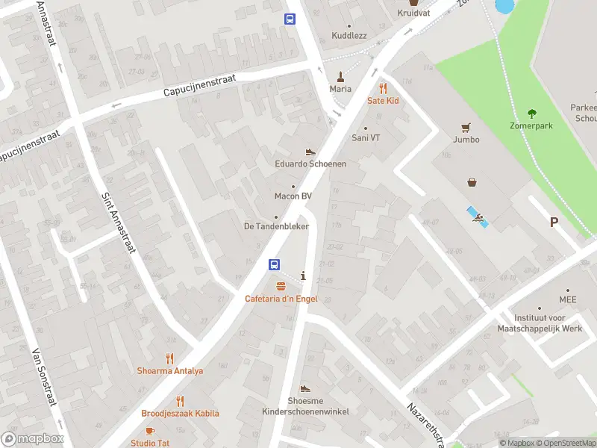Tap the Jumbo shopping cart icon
click(x=466, y=127)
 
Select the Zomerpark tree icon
click(x=531, y=113)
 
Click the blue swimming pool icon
click(x=477, y=217)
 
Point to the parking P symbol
click(x=554, y=222)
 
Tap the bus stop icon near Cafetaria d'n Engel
click(x=275, y=264)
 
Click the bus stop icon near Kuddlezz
click(x=290, y=19)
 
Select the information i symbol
click(x=302, y=276)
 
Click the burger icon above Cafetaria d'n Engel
click(x=281, y=287)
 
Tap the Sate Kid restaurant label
click(x=383, y=100)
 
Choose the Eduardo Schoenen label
click(x=310, y=164)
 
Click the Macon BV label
click(x=293, y=196)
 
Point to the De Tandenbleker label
click(x=276, y=226)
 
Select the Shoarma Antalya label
click(x=169, y=370)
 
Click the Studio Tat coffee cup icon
click(x=149, y=431)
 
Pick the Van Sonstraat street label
click(x=45, y=377)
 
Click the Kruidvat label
click(x=413, y=13)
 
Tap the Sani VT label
click(x=366, y=137)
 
